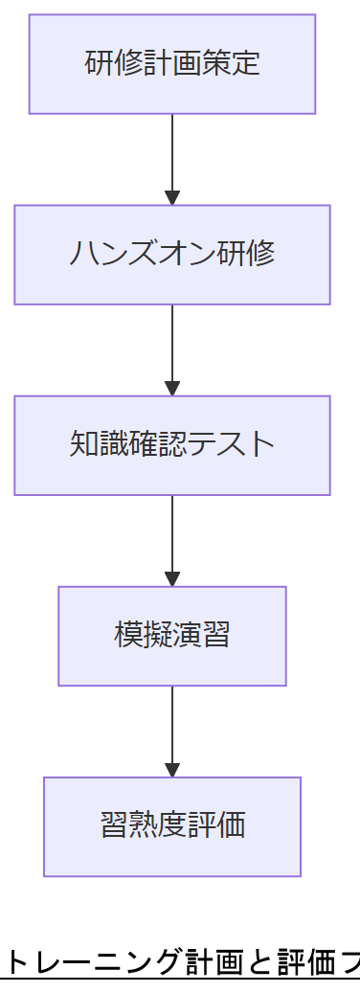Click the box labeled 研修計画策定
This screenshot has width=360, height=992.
pos(172,64)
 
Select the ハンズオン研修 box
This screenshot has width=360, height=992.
pos(172,255)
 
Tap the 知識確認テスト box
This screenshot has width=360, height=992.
pos(172,445)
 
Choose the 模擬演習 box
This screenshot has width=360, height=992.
pos(172,636)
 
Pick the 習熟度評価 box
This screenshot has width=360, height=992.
pos(172,826)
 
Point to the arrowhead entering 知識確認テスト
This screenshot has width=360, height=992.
pos(172,389)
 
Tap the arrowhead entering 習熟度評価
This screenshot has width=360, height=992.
pos(172,770)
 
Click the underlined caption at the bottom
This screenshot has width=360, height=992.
pos(182,960)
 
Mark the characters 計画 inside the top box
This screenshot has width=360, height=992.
pos(172,64)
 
